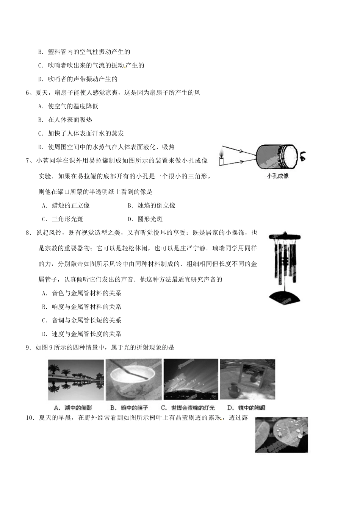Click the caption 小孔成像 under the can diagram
(x=277, y=176)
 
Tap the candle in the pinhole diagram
(x=221, y=158)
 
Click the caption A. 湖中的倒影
(x=76, y=408)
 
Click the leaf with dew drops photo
(x=282, y=435)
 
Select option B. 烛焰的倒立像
(x=151, y=205)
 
